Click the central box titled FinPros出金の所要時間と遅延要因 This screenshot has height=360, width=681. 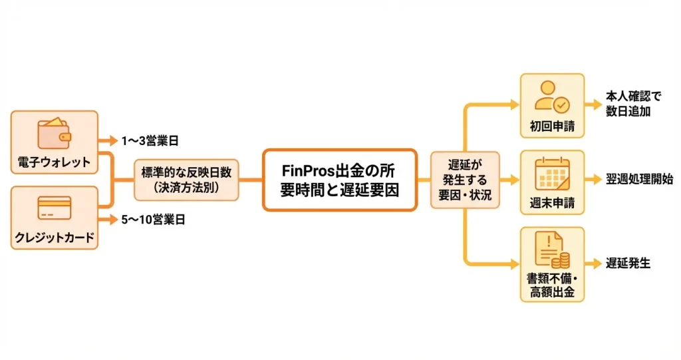coord(339,180)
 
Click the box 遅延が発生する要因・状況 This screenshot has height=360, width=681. coord(464,180)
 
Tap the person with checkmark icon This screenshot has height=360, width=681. coord(552,97)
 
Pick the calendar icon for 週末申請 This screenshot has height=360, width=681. coord(552,175)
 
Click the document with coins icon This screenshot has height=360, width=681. coord(552,251)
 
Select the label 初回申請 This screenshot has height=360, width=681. coord(552,125)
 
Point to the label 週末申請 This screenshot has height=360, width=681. coord(552,202)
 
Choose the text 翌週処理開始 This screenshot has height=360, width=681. coord(639,180)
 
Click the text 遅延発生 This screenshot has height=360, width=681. coord(628,264)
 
